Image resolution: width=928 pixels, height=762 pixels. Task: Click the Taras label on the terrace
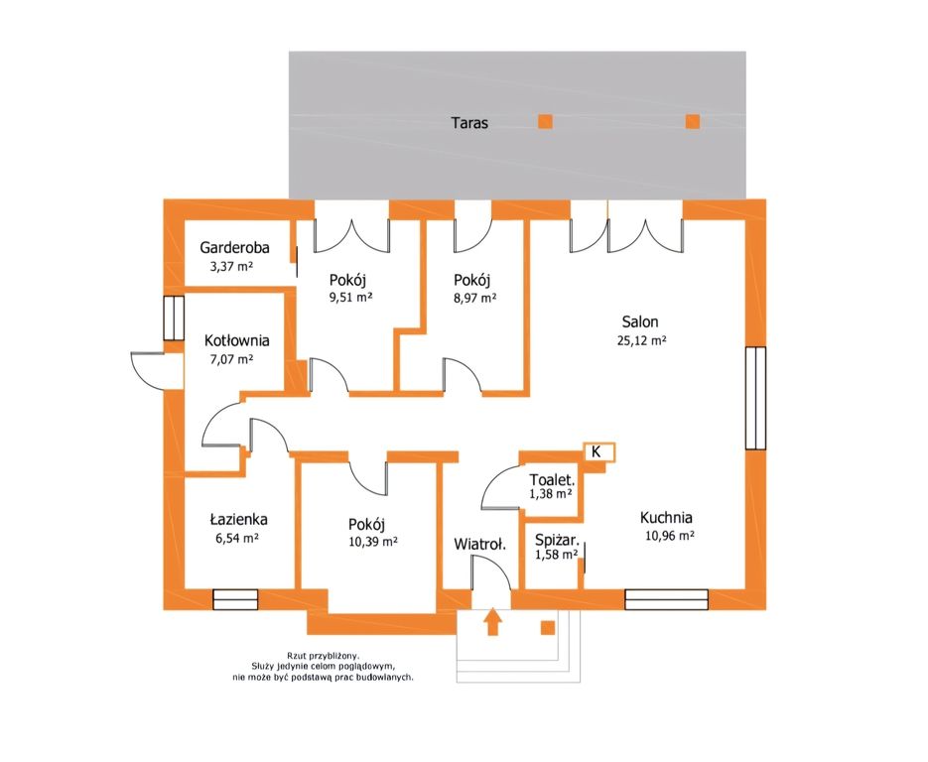(x=469, y=123)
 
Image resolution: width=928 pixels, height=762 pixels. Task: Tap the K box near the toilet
(x=598, y=452)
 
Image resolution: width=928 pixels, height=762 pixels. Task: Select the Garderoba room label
(x=234, y=247)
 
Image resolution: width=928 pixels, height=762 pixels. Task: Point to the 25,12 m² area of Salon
(x=641, y=340)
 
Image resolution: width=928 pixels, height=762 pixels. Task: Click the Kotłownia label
(x=237, y=340)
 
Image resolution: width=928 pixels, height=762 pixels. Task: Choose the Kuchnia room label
(x=666, y=518)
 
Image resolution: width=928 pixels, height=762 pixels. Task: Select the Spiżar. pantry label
(x=557, y=540)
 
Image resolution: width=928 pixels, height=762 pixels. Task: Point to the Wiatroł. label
(x=480, y=545)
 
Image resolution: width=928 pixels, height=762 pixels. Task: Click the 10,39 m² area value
(x=373, y=542)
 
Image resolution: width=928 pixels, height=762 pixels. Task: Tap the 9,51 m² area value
(x=351, y=297)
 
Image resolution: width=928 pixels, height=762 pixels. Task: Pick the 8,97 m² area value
(x=474, y=298)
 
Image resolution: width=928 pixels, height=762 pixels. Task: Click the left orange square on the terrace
(x=545, y=121)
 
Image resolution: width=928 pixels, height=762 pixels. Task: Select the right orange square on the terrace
(x=693, y=121)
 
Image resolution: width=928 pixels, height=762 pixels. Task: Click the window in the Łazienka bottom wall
(x=235, y=599)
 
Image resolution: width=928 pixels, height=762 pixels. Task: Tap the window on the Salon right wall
(x=755, y=398)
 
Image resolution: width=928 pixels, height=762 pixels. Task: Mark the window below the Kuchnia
(x=666, y=599)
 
